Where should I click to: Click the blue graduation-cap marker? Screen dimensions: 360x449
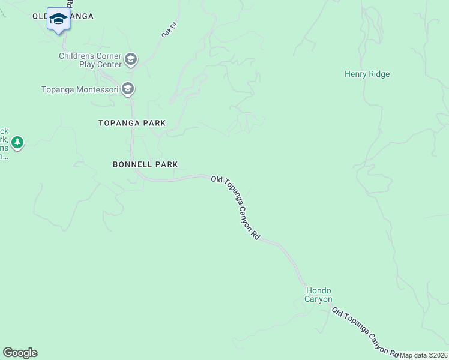(x=58, y=20)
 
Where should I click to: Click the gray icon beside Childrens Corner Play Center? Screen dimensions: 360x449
(x=131, y=60)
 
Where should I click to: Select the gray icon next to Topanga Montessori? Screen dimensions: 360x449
(x=127, y=89)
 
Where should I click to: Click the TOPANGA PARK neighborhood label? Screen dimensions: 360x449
(x=132, y=123)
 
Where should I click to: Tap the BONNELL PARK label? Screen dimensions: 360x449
(x=145, y=164)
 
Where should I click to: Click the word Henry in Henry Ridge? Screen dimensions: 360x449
(x=355, y=74)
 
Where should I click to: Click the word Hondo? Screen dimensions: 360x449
(x=318, y=290)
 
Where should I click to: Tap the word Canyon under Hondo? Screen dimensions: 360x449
(x=318, y=299)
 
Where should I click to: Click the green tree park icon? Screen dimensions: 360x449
(x=18, y=143)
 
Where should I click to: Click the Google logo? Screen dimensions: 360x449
(x=20, y=353)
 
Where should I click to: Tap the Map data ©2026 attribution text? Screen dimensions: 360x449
(x=424, y=355)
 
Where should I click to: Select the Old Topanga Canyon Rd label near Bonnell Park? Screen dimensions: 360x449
(x=235, y=208)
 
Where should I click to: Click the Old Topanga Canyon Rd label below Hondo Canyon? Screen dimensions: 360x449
(x=365, y=331)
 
